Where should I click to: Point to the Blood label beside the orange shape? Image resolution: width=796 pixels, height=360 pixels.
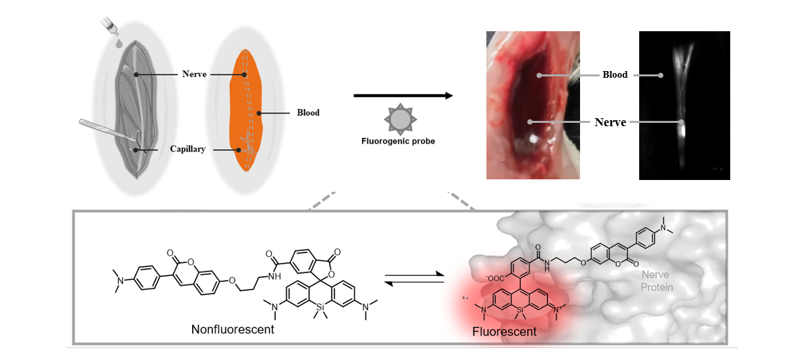click(x=308, y=113)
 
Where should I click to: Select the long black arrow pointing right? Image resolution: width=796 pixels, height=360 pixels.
click(x=403, y=96)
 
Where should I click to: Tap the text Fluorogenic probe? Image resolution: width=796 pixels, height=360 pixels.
click(x=398, y=141)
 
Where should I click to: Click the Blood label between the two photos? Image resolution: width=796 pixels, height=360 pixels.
click(x=615, y=75)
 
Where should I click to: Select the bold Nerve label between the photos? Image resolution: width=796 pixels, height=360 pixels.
click(x=610, y=122)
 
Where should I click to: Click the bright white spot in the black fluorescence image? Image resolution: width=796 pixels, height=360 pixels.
click(x=682, y=126)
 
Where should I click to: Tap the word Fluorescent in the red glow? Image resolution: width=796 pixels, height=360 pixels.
click(x=505, y=331)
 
